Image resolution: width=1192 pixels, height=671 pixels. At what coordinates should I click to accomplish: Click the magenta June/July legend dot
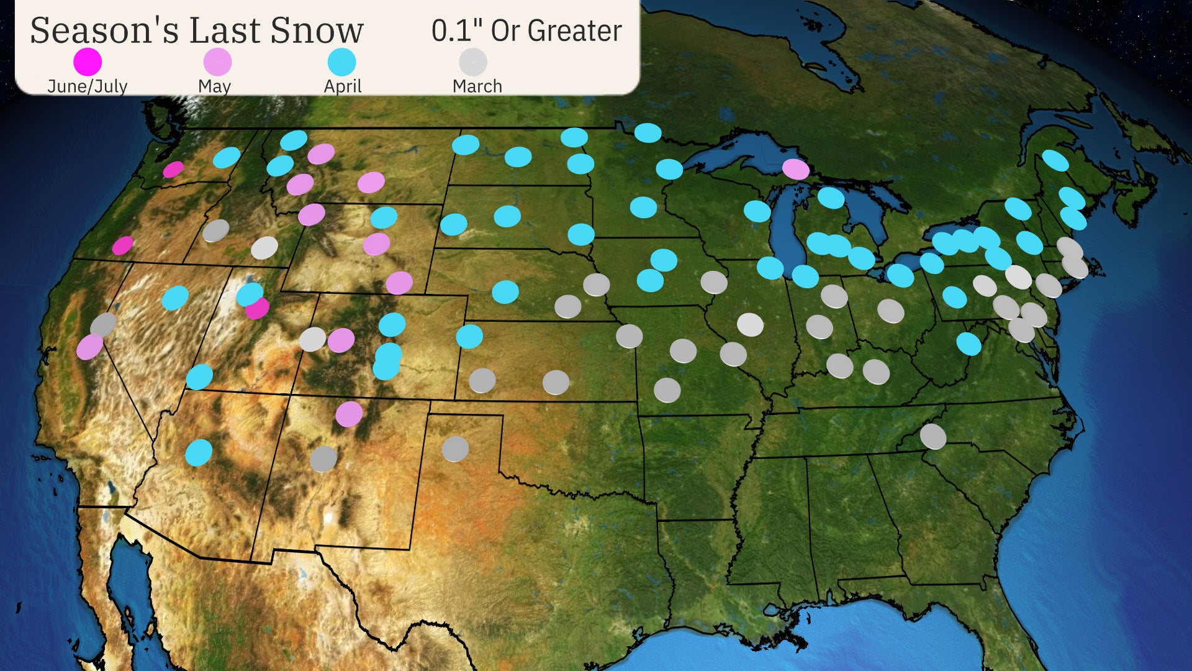88,62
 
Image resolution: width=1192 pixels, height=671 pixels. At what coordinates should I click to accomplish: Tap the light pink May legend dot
217,62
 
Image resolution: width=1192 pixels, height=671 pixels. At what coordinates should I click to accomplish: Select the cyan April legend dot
341,62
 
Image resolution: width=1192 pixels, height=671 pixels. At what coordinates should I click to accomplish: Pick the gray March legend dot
472,62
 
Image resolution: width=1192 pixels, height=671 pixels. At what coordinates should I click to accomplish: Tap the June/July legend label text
88,86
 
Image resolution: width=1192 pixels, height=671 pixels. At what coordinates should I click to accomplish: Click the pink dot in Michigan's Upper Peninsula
795,168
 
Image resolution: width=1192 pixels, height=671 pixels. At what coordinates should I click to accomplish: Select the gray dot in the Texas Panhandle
455,449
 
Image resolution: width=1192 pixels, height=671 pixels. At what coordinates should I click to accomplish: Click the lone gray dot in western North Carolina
932,436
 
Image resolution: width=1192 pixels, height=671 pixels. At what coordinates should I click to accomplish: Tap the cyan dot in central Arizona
199,452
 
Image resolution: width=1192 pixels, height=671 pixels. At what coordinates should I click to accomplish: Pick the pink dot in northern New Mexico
349,414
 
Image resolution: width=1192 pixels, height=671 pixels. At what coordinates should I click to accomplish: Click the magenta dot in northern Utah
257,308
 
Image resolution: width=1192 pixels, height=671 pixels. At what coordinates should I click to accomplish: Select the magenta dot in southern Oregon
122,245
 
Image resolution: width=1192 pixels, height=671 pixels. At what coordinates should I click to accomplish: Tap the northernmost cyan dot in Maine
1055,160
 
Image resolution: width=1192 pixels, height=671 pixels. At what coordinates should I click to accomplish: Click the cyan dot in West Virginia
968,344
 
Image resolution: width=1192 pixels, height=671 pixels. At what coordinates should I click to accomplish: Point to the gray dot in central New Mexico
323,459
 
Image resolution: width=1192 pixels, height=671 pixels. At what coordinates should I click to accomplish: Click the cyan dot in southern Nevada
199,377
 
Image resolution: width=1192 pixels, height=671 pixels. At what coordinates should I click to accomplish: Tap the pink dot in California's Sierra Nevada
90,347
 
